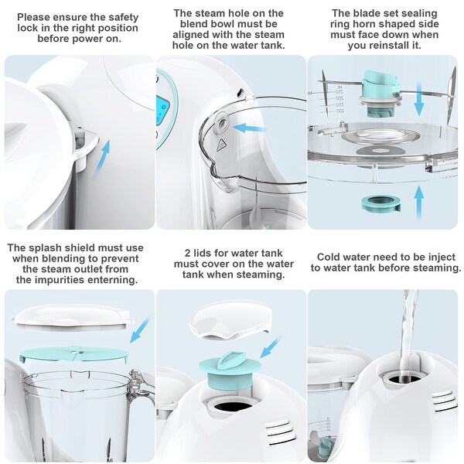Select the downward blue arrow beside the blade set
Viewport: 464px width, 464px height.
[418, 101]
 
